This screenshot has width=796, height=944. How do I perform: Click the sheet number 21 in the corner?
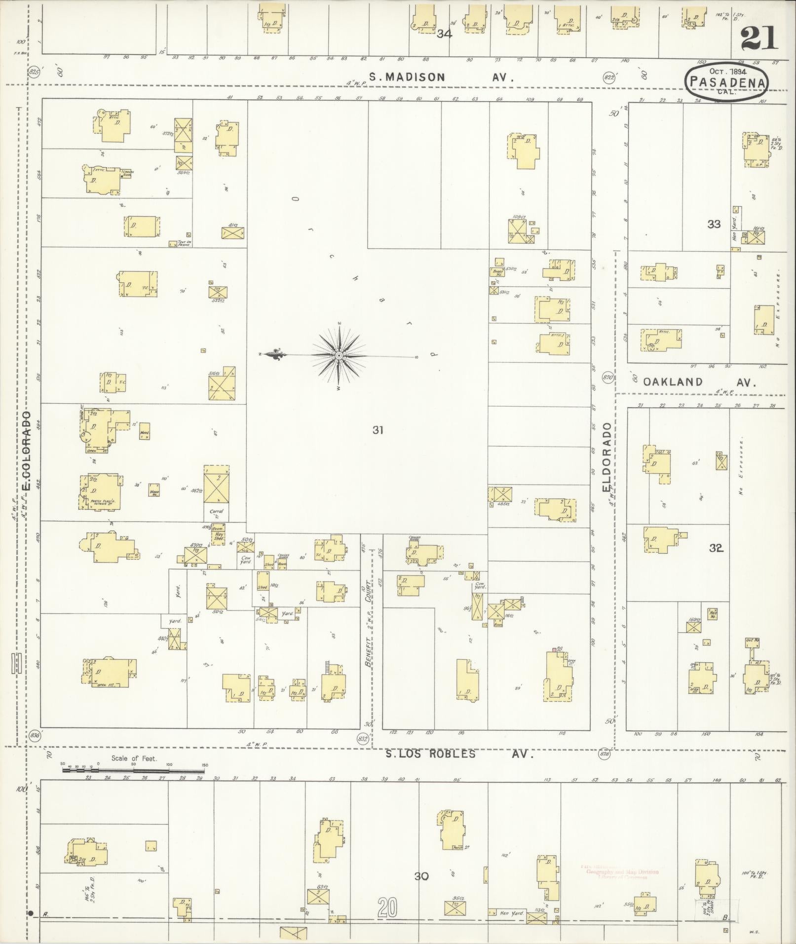(759, 38)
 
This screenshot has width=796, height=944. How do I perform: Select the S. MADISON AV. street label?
(442, 77)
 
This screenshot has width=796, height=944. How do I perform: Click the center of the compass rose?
(339, 355)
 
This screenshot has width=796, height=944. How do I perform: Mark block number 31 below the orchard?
(378, 430)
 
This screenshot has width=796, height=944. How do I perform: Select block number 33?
(714, 224)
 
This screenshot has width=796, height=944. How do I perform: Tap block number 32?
(716, 548)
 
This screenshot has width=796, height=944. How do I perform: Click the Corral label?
(216, 512)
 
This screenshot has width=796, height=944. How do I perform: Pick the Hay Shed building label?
(218, 536)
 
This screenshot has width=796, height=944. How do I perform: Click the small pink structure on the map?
(554, 649)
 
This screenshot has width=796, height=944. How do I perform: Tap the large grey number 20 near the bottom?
(388, 906)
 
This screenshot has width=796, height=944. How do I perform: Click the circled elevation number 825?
(34, 72)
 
